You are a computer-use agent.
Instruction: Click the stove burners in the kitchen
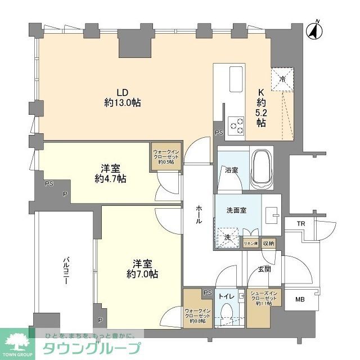pyautogui.click(x=237, y=125)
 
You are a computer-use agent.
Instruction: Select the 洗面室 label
pyautogui.click(x=236, y=211)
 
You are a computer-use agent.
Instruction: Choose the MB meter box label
pyautogui.click(x=301, y=300)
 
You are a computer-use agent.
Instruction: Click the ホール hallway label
pyautogui.click(x=199, y=214)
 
